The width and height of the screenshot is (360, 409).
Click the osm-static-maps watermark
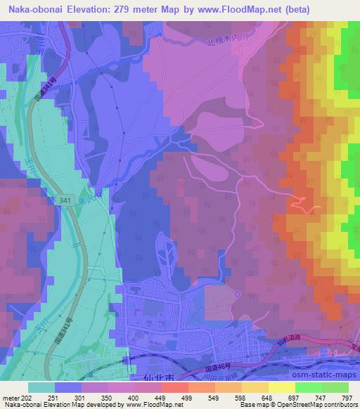click(321, 366)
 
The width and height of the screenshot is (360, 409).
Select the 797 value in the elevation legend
click(346, 397)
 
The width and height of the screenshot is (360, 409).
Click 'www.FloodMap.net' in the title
click(221, 8)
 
